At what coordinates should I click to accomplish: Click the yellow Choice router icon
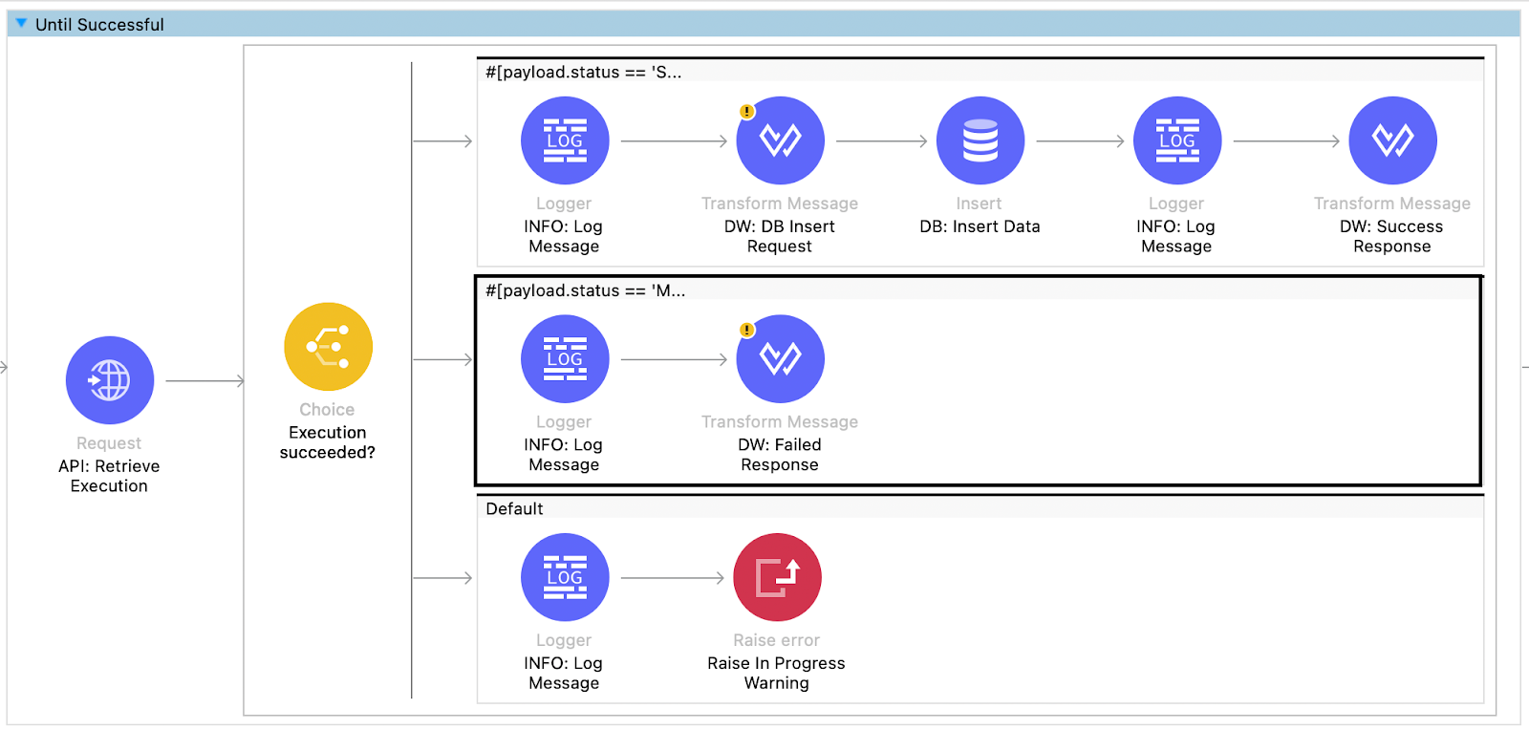click(x=328, y=347)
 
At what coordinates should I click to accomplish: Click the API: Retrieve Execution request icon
click(x=110, y=380)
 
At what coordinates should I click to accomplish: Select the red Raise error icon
click(x=777, y=577)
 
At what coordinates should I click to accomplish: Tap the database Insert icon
click(x=980, y=140)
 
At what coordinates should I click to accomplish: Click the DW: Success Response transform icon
click(x=1392, y=140)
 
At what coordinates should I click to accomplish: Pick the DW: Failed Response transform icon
click(x=780, y=359)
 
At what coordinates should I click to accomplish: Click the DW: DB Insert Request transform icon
click(x=780, y=140)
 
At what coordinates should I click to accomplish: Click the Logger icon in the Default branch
click(x=565, y=577)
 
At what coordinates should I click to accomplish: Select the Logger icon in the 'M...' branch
click(x=565, y=359)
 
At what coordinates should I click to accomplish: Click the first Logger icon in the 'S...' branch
click(x=565, y=140)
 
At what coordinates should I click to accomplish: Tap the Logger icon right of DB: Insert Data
click(x=1176, y=140)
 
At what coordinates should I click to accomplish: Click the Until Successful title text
click(x=99, y=25)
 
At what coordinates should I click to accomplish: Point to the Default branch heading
click(x=514, y=509)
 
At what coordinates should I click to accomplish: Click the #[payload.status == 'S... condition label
click(x=583, y=73)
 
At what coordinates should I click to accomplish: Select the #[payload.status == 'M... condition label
click(x=585, y=290)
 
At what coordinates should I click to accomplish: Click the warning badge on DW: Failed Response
click(x=747, y=330)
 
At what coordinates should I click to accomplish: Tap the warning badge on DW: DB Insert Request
click(x=747, y=112)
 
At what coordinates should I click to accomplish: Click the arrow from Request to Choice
click(x=205, y=381)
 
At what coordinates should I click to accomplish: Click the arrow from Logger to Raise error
click(x=672, y=578)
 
